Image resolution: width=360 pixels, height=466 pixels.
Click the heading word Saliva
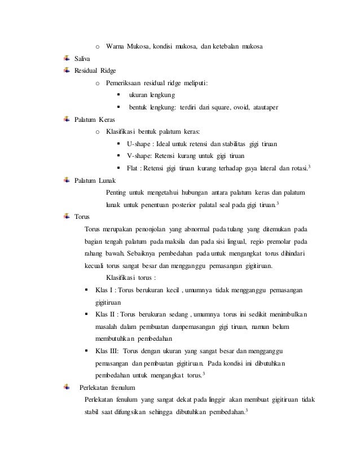point(83,58)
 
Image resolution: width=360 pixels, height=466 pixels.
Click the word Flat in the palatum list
point(133,168)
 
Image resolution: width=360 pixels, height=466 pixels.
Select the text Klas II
point(107,314)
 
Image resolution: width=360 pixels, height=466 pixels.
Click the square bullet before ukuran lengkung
point(118,95)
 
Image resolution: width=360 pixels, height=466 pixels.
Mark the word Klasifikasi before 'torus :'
point(122,278)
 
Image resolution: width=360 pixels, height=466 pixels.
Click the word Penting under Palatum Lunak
point(117,193)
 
